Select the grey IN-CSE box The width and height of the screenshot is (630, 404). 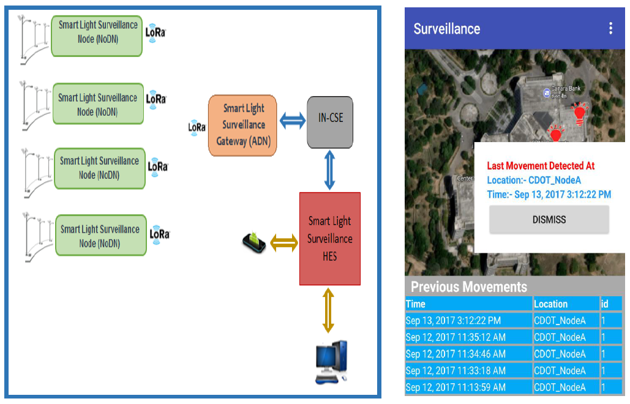[330, 122]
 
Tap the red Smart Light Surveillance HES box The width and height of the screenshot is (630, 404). [330, 239]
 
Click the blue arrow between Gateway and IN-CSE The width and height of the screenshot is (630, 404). [292, 122]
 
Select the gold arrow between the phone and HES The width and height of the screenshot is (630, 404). [284, 243]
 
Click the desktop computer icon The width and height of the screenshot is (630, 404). [331, 362]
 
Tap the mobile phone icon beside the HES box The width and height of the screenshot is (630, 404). [255, 243]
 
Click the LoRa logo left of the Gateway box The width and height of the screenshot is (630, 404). [197, 127]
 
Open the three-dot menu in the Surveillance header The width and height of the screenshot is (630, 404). [610, 28]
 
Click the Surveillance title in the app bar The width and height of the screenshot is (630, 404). [447, 29]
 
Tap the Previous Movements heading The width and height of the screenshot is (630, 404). [468, 287]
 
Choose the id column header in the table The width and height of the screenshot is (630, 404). [605, 304]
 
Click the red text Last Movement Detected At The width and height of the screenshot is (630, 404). [541, 166]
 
